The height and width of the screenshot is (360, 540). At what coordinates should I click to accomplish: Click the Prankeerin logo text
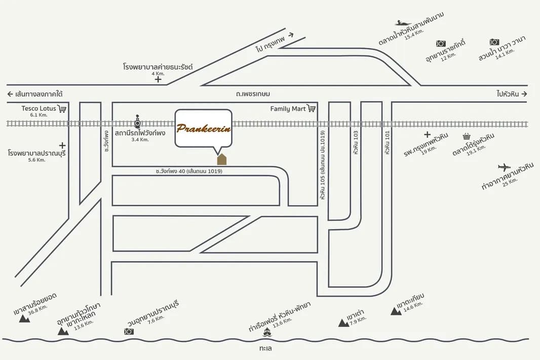click(x=204, y=128)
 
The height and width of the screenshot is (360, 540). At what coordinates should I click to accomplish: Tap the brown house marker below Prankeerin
click(x=221, y=159)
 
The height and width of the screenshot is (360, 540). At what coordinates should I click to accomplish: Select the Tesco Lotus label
click(x=38, y=108)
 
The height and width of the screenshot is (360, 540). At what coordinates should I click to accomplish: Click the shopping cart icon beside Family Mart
click(x=312, y=108)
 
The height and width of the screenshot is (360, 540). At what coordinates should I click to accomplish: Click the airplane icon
click(x=505, y=168)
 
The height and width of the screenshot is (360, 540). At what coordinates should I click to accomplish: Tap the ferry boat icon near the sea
click(x=267, y=333)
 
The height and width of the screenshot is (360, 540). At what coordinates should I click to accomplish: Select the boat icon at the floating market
click(x=403, y=23)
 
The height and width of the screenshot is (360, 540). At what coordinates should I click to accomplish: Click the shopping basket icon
click(x=467, y=136)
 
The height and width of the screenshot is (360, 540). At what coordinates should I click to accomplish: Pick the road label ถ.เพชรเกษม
click(x=253, y=94)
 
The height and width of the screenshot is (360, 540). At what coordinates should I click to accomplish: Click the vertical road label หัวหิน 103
click(x=356, y=142)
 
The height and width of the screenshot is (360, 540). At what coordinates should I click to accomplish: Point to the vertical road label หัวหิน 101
click(x=388, y=142)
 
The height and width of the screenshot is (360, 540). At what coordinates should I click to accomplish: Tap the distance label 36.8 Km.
click(x=38, y=309)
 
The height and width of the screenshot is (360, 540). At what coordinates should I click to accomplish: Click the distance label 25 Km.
click(x=510, y=181)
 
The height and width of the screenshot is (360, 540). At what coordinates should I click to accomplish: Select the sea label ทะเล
click(x=265, y=349)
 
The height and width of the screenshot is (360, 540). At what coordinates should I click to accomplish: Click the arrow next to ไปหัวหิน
click(x=524, y=94)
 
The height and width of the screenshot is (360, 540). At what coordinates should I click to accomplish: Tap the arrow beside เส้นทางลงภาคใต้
click(x=10, y=94)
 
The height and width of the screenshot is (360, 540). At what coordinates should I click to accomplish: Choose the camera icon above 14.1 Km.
click(x=494, y=42)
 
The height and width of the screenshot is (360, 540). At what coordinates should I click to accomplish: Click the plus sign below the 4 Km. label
click(x=158, y=79)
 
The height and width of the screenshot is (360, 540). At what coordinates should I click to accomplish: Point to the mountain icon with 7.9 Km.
click(x=343, y=323)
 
